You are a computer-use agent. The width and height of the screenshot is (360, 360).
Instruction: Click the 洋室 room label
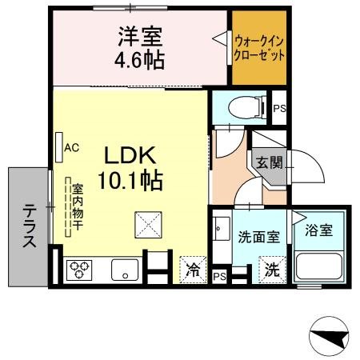point(141,37)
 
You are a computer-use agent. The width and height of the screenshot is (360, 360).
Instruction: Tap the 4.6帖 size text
point(139,61)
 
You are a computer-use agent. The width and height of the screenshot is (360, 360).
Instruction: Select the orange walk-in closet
point(259,48)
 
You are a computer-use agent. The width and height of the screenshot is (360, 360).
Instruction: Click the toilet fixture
point(247,107)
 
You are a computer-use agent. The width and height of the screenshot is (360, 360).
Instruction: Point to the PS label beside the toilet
point(279,108)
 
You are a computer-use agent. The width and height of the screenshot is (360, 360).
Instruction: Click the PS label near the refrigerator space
point(219,277)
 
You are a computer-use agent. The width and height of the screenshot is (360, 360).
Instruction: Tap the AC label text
point(72,147)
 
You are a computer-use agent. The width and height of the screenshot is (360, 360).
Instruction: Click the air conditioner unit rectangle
point(59,147)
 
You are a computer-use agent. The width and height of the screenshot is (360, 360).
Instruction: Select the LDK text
point(130,155)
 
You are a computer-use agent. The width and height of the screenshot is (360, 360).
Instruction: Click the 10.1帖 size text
point(130,180)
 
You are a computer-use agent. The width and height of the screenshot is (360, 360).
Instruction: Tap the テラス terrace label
point(29,226)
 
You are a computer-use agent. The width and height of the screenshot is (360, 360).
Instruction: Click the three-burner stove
point(79,270)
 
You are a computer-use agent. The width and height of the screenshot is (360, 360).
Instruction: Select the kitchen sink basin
point(125,270)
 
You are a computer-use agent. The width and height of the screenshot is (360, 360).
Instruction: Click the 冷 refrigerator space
point(193,270)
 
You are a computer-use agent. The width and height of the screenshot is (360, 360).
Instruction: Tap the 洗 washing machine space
point(272,270)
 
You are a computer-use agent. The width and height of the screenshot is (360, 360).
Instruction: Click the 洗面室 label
point(259,237)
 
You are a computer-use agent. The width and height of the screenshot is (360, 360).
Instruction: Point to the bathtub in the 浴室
point(319,266)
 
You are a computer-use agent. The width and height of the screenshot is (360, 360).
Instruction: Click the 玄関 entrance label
point(270,162)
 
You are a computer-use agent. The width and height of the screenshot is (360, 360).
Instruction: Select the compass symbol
point(329,336)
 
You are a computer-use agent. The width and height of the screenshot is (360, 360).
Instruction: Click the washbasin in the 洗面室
point(222,229)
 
